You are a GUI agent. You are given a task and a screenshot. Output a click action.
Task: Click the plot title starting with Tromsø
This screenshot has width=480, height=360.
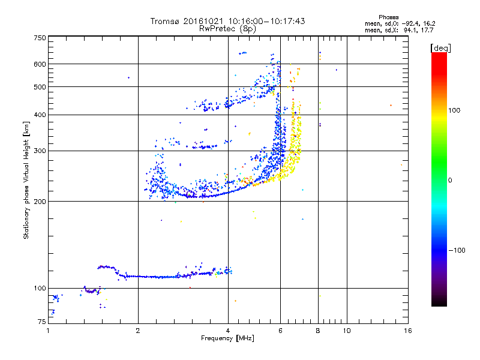227,21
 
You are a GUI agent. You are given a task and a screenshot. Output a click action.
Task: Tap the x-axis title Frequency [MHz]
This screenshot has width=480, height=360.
227,339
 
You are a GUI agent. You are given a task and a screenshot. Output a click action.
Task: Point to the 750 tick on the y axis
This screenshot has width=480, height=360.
40,38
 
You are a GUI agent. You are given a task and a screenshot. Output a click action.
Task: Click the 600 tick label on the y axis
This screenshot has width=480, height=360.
40,64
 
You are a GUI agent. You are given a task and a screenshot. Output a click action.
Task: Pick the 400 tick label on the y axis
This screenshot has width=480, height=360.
40,115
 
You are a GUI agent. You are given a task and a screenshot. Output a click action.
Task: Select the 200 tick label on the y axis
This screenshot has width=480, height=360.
40,201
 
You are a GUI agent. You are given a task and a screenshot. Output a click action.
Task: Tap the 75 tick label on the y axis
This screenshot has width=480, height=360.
41,323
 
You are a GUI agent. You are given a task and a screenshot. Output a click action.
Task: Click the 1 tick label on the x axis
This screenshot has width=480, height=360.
48,331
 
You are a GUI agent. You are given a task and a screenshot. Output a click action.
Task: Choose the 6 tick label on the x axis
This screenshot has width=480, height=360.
280,331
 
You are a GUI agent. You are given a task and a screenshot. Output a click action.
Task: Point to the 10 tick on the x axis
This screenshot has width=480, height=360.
346,331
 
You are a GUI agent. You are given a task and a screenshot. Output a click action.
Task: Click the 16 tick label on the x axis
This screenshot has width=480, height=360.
407,331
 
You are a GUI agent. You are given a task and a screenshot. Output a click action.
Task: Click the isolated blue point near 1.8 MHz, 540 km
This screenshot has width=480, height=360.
128,77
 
